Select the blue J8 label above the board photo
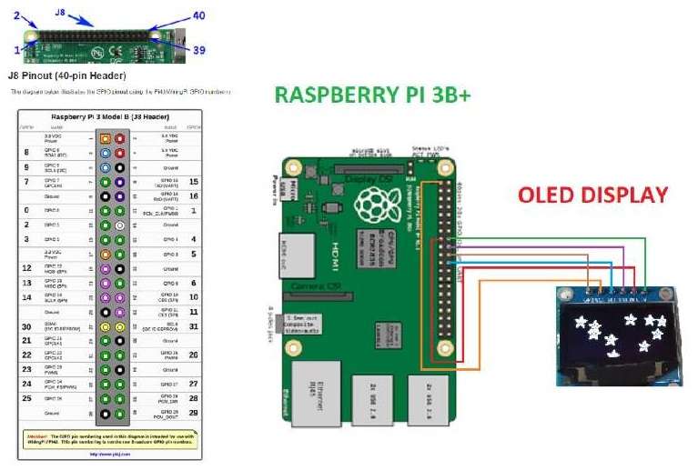pos(61,13)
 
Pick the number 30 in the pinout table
pos(27,325)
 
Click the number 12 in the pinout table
pos(27,268)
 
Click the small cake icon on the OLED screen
pos(613,352)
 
